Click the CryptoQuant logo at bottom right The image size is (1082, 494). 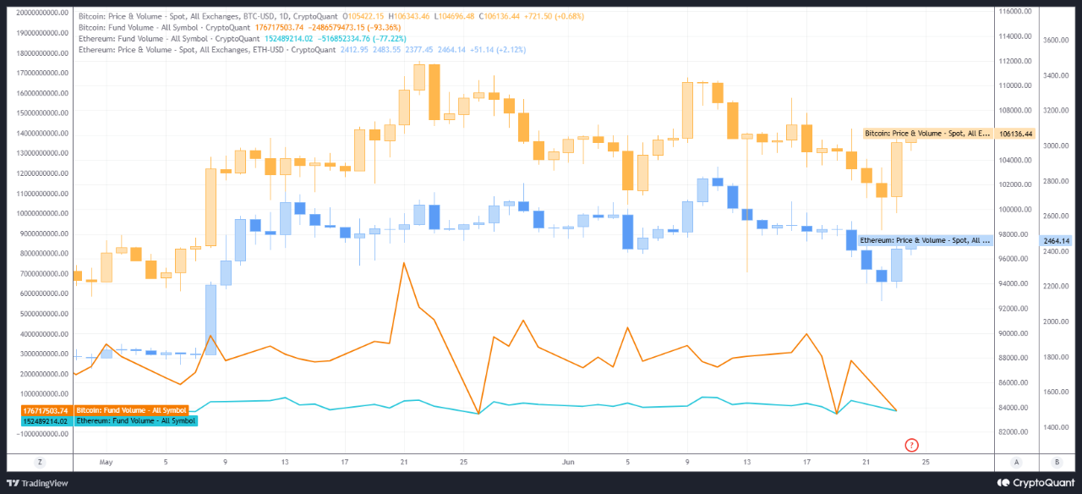click(x=1036, y=483)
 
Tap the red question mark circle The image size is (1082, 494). click(x=911, y=445)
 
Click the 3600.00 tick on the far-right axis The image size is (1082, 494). click(x=1057, y=40)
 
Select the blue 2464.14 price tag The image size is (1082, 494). click(x=1057, y=241)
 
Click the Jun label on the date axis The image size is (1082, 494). click(x=569, y=463)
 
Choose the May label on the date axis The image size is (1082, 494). click(x=106, y=463)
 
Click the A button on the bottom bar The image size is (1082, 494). click(x=1016, y=462)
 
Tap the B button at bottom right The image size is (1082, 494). click(x=1057, y=462)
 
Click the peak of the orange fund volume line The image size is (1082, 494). click(x=404, y=263)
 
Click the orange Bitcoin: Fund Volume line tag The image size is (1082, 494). click(x=131, y=410)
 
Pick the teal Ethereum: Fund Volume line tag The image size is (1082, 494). click(x=135, y=420)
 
